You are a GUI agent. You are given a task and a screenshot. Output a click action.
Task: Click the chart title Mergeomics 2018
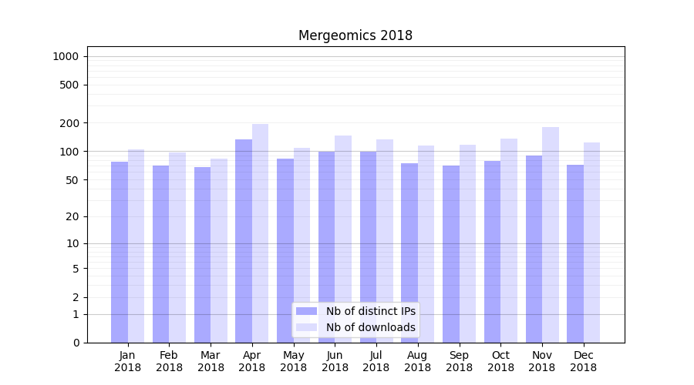point(355,36)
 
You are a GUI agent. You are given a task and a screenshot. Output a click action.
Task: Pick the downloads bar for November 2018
point(551,234)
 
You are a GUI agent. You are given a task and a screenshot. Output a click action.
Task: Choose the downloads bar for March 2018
point(219,250)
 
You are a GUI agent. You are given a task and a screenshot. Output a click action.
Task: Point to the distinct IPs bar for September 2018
point(451,254)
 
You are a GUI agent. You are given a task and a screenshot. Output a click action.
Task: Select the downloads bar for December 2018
point(591,242)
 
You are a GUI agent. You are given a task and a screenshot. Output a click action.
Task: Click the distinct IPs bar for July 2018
point(368,246)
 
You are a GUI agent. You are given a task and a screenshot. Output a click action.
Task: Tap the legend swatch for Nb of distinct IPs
point(306,311)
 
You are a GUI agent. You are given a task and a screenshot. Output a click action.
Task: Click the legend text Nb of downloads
point(370,327)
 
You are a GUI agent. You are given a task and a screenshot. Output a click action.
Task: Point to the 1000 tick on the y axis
point(66,56)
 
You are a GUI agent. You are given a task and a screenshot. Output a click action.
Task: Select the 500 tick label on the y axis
point(69,85)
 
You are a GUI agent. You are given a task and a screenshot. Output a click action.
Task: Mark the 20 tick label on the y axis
point(72,216)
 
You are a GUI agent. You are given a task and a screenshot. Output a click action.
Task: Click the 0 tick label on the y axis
point(76,343)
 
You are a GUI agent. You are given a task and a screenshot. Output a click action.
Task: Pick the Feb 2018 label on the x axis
point(169,361)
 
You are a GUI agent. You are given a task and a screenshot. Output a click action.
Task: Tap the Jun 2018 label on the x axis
point(335,361)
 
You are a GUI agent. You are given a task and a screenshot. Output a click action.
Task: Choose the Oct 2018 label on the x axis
point(500,361)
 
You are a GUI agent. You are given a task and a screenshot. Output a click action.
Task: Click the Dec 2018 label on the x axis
point(583,361)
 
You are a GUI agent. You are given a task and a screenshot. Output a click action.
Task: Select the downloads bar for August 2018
point(426,243)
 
